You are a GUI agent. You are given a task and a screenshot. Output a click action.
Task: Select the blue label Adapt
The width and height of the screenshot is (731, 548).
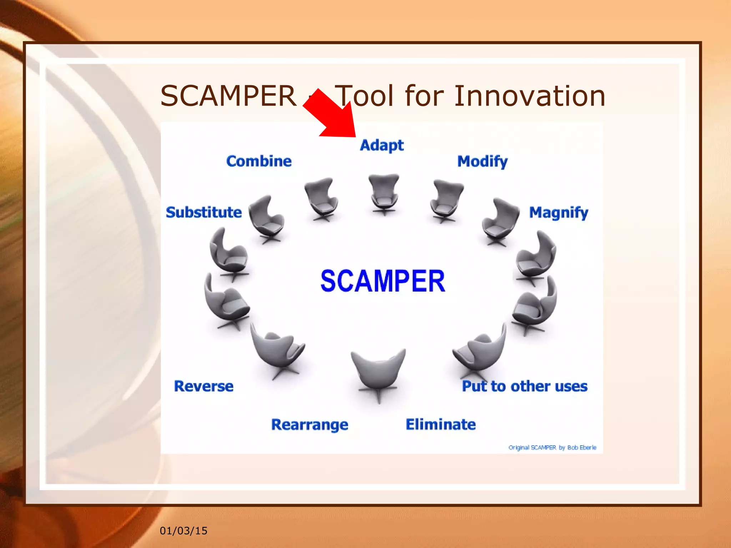tap(382, 145)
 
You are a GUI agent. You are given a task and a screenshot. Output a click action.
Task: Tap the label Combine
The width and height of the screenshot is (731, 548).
tap(259, 161)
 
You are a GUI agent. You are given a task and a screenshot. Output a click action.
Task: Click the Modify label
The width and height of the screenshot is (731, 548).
tap(482, 162)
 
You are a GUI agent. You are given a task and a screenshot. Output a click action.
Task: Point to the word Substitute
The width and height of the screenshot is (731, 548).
tap(204, 212)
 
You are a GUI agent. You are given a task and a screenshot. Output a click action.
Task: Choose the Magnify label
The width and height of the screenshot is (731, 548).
tap(558, 213)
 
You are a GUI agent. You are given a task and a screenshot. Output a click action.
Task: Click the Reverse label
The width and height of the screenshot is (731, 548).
tap(204, 386)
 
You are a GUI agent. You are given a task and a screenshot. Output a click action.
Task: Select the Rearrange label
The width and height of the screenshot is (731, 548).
tap(309, 425)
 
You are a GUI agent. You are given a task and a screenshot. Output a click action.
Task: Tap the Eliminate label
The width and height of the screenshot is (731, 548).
tap(440, 424)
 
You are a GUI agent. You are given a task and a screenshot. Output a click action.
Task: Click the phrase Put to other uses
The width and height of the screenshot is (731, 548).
tap(524, 386)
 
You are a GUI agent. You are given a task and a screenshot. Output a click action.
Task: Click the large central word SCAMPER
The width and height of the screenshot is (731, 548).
tap(383, 281)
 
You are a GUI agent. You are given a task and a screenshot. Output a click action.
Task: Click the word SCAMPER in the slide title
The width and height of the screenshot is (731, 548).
tap(228, 96)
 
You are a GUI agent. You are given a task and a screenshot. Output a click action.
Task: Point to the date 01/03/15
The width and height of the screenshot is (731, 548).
tap(183, 531)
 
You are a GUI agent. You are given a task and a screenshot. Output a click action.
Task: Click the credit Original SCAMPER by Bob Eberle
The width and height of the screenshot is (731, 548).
tap(552, 447)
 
